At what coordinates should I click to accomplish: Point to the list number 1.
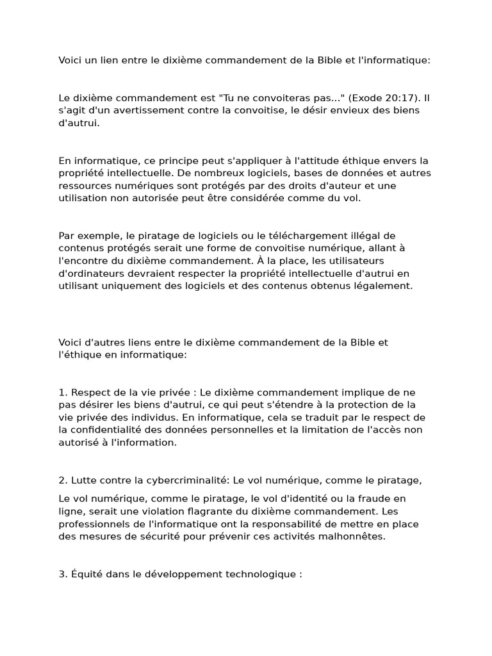(x=62, y=392)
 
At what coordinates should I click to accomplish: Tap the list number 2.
(x=62, y=480)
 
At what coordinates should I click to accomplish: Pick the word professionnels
(x=91, y=524)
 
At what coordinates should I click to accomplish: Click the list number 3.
(x=62, y=574)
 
